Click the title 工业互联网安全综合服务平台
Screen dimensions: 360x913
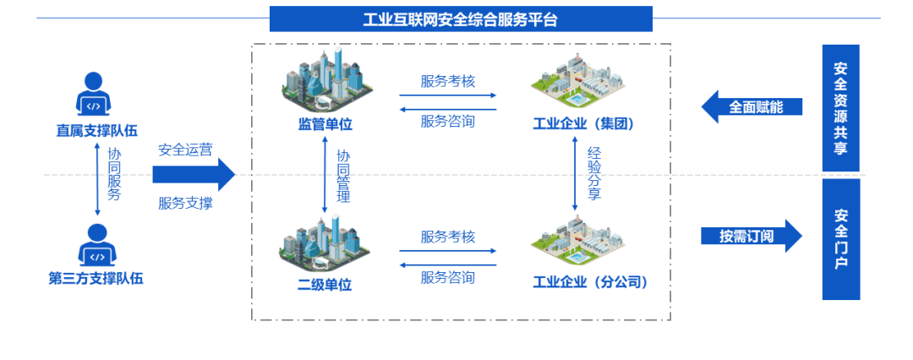461,19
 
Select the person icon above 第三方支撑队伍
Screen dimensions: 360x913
96,245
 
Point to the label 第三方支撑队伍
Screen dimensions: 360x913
96,279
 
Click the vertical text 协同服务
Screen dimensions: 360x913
114,175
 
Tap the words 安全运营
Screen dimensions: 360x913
185,150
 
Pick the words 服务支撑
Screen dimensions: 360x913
185,203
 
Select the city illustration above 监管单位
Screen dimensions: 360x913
325,80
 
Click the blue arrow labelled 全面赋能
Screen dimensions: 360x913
751,107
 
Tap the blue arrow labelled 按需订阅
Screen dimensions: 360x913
751,236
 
